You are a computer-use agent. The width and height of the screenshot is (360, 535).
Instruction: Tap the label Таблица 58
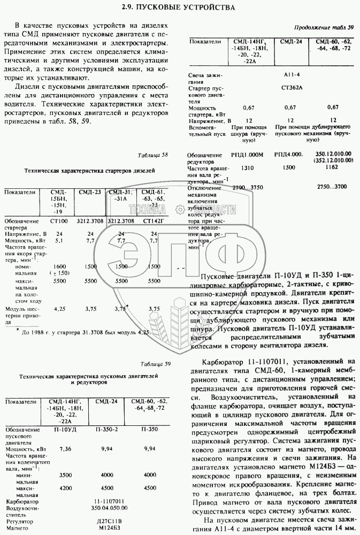tap(152, 155)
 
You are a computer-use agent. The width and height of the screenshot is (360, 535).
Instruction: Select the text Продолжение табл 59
tap(325, 28)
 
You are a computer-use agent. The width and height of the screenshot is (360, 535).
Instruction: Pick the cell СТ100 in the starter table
tap(59, 220)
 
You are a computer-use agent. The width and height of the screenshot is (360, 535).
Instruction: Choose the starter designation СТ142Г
tap(154, 220)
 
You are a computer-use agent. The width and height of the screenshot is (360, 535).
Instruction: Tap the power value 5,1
tap(59, 241)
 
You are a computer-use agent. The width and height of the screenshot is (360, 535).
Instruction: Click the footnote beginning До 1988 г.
tap(83, 332)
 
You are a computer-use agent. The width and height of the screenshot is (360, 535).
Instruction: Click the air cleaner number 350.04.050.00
tap(106, 508)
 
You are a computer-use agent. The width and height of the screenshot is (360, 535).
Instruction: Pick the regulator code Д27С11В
tap(106, 521)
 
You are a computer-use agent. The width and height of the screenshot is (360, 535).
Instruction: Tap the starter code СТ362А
tap(292, 87)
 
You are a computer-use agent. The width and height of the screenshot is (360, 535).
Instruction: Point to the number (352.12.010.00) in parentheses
tap(332, 160)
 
